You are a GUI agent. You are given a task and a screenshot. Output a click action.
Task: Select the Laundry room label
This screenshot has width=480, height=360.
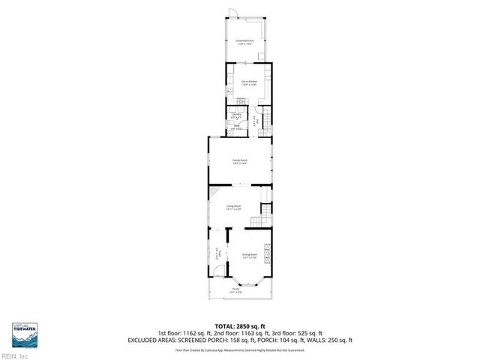pyautogui.click(x=236, y=115)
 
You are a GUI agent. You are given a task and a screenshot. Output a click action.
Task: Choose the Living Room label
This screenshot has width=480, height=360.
pyautogui.click(x=234, y=208)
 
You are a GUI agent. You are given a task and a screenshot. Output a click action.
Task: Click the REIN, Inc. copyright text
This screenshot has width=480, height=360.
pyautogui.click(x=15, y=355)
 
